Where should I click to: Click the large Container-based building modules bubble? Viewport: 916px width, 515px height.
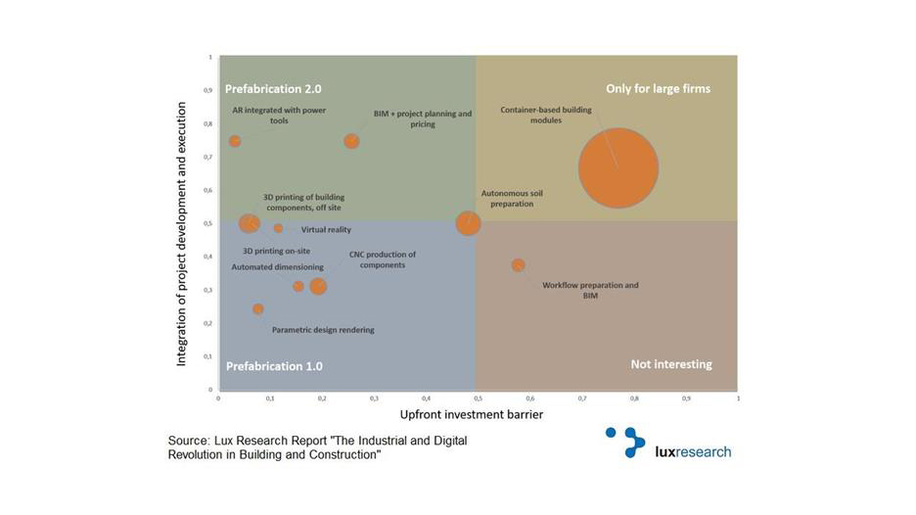click(x=618, y=168)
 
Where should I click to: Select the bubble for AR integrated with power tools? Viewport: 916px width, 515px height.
click(x=235, y=141)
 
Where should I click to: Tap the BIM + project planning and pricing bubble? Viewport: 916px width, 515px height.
click(x=351, y=141)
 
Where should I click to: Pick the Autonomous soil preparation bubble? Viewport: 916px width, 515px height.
click(x=469, y=223)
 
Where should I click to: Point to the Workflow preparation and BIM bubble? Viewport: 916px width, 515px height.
click(x=518, y=265)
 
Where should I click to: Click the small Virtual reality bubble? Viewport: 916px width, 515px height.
click(x=278, y=228)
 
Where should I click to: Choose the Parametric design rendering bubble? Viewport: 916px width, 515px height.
click(x=258, y=308)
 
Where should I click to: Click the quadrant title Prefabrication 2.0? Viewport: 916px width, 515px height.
click(x=273, y=88)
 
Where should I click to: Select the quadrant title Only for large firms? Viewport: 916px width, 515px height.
click(x=658, y=88)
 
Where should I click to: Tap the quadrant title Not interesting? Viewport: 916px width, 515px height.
click(x=670, y=364)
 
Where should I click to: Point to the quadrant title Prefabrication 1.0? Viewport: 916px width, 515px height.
click(x=274, y=366)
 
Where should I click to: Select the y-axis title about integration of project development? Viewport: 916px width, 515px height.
click(x=182, y=223)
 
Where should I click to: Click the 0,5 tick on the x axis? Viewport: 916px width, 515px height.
click(x=478, y=399)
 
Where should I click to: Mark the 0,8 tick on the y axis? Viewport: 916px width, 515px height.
click(x=207, y=123)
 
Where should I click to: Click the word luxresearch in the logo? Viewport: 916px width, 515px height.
click(x=692, y=451)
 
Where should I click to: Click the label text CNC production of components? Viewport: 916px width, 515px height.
click(x=383, y=259)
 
